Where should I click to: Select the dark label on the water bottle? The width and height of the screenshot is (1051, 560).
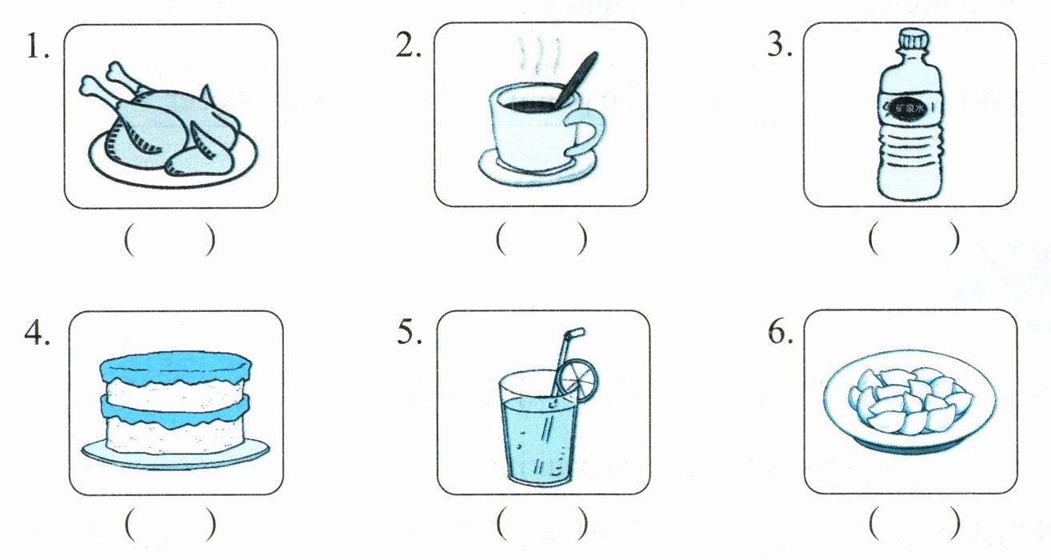tap(909, 109)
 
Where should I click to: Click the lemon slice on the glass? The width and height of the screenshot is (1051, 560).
tap(578, 379)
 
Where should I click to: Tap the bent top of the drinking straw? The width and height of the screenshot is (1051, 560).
tap(575, 334)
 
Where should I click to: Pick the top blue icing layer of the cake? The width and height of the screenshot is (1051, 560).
tap(175, 368)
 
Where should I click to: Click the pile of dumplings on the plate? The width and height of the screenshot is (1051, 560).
tap(910, 400)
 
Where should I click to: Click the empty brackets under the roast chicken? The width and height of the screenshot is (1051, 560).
tap(170, 240)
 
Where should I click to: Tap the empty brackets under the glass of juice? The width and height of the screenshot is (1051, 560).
tap(541, 522)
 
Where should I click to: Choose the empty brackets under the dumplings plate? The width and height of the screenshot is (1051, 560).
tap(914, 522)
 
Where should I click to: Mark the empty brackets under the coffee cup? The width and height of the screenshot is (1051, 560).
tap(541, 238)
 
